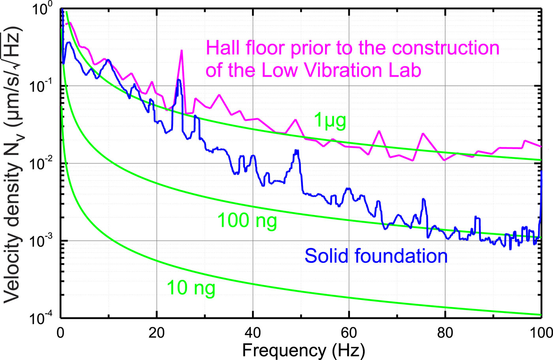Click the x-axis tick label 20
156,333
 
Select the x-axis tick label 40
253,333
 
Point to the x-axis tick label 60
349,333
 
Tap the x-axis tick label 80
445,333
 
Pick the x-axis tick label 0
60,333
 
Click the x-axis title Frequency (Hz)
303,350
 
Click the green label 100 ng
247,221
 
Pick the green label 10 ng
191,288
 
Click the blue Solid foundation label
376,256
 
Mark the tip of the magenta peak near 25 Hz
182,50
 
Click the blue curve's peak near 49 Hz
296,151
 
